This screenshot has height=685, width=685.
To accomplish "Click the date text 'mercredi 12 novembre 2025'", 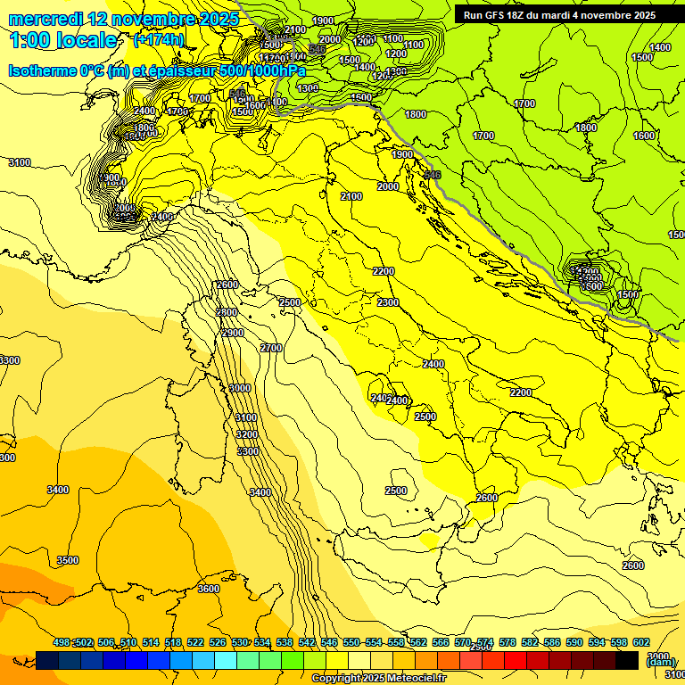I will click(124, 19).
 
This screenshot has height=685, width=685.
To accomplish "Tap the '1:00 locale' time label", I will click(63, 40).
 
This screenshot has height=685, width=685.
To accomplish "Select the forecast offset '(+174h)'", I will click(159, 40).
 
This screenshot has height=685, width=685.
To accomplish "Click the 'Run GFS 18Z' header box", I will click(557, 15).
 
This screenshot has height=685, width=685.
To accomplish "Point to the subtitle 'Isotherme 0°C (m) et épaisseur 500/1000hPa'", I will click(157, 70).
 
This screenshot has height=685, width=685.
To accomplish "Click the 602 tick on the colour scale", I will click(641, 642).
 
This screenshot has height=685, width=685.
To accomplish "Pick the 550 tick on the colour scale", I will click(351, 642).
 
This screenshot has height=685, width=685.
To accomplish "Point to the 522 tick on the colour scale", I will click(195, 642).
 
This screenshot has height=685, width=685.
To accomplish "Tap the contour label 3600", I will click(209, 590).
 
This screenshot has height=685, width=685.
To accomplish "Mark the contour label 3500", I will click(68, 560).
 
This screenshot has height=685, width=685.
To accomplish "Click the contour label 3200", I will click(247, 434).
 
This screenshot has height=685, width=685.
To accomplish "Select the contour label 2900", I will click(233, 333).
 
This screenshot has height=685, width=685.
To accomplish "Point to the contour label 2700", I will click(271, 348).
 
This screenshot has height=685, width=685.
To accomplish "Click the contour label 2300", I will click(388, 303).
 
